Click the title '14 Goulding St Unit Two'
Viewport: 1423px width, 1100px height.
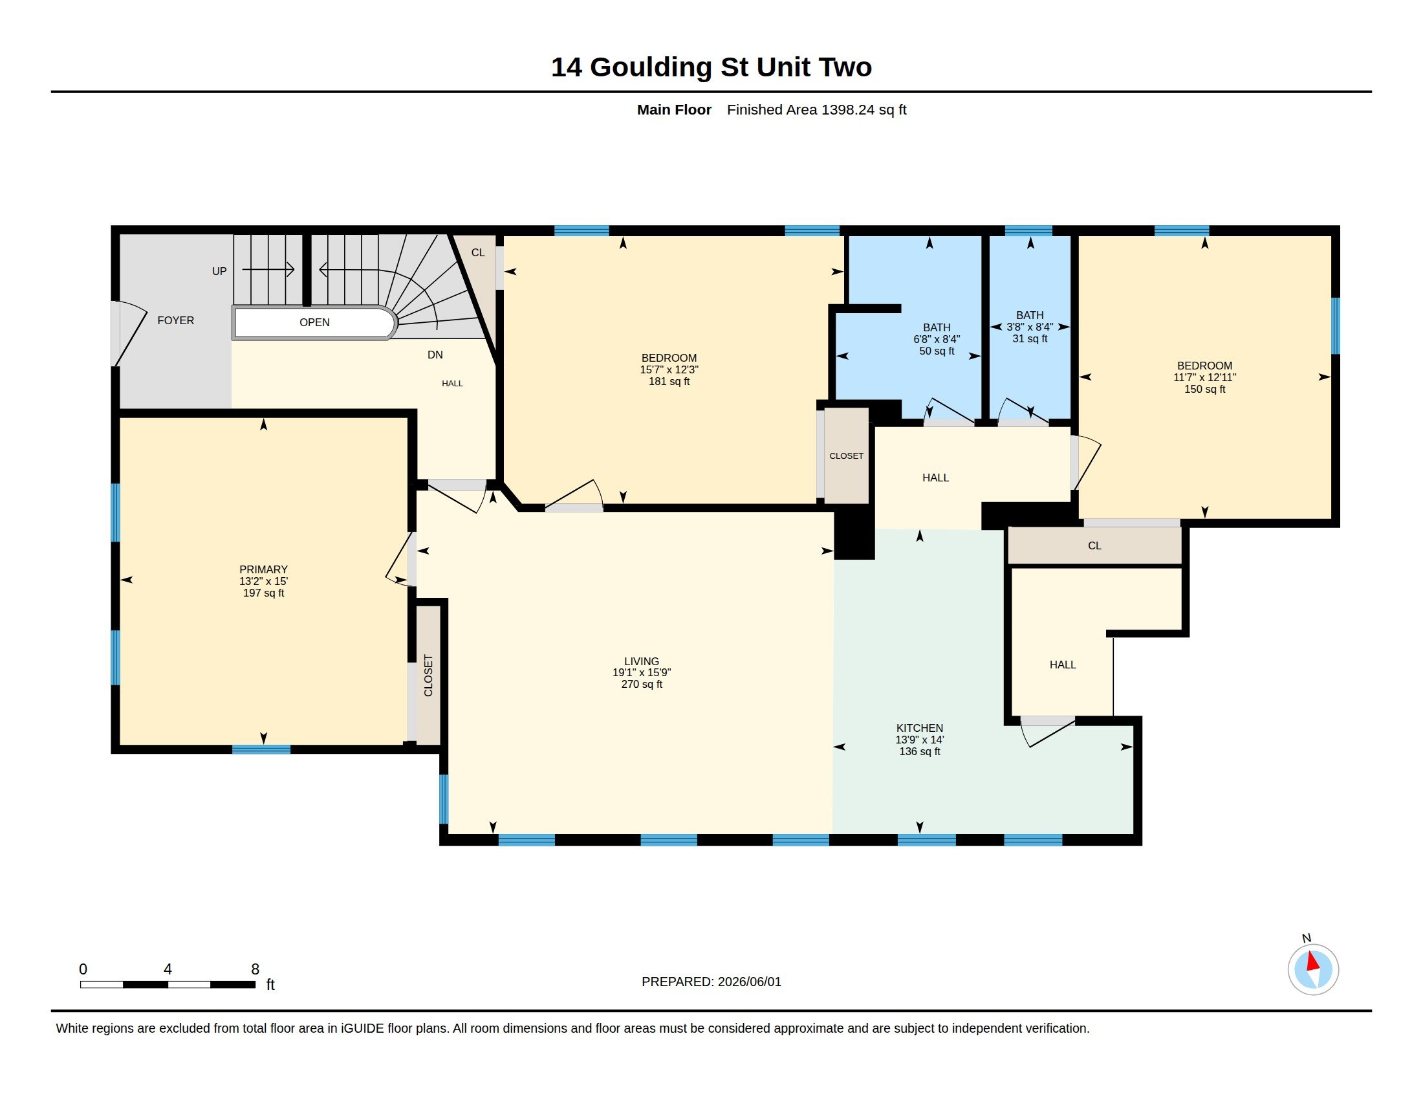[711, 67]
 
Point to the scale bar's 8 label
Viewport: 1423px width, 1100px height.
[255, 969]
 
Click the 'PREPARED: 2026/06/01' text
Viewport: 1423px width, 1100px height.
[711, 982]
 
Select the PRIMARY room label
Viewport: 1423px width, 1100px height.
[263, 569]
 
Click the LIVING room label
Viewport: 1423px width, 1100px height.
[642, 661]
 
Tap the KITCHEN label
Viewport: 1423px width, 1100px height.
[919, 728]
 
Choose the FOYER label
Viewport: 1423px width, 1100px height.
[176, 320]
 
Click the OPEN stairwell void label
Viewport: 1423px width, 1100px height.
[315, 323]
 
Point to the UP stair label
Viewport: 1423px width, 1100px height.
[219, 271]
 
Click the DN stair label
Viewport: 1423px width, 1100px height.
[435, 355]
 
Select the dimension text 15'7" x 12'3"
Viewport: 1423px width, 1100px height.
[669, 369]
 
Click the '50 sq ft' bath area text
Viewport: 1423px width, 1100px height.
[937, 351]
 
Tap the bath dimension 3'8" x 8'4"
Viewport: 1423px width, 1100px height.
[1030, 327]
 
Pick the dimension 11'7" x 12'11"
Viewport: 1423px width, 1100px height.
[1205, 377]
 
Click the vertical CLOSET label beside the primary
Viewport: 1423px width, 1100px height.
[428, 676]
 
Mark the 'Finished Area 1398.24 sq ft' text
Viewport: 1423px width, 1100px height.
[816, 110]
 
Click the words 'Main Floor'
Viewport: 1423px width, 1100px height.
[674, 110]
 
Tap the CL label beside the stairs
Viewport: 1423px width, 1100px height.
[478, 253]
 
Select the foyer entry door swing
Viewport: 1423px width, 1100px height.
[129, 333]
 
